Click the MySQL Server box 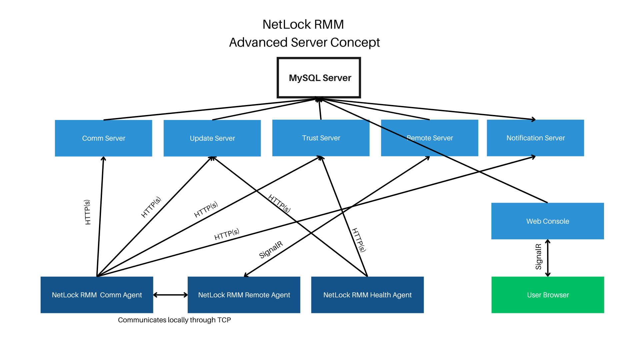click(319, 78)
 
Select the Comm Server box click(103, 138)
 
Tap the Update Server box click(212, 138)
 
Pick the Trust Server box click(321, 138)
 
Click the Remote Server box click(429, 138)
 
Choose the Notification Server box click(535, 138)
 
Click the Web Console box click(547, 221)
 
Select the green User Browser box click(548, 295)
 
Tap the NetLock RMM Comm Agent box click(97, 295)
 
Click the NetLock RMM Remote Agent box click(244, 295)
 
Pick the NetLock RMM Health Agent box click(367, 295)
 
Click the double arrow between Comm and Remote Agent click(170, 295)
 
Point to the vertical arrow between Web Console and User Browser click(548, 258)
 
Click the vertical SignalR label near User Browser click(538, 257)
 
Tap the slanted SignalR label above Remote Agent click(271, 250)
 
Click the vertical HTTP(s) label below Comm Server click(87, 212)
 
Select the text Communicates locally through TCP click(174, 320)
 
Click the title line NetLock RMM click(303, 24)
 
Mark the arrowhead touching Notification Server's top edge click(534, 119)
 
